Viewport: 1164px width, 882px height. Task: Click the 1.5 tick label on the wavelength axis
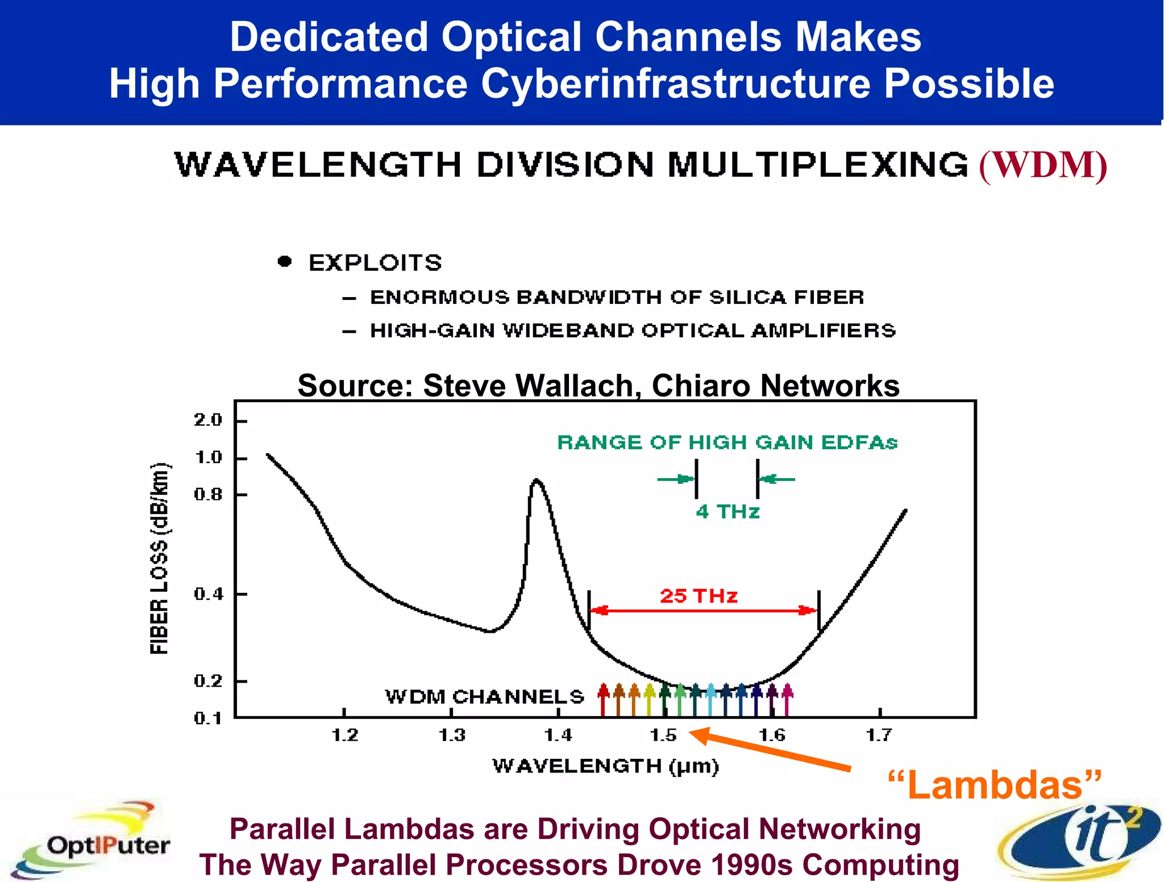click(663, 735)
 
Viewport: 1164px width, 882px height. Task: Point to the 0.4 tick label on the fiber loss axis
click(209, 594)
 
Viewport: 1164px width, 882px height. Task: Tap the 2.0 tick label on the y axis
click(208, 420)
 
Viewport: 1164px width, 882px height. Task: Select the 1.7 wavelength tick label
click(879, 735)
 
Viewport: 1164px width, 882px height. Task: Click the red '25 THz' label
click(699, 596)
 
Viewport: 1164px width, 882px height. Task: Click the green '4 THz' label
click(727, 512)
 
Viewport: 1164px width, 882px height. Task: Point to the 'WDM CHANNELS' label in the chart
click(484, 696)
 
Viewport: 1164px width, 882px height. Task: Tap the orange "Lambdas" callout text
click(995, 785)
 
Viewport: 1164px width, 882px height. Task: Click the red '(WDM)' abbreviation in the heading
click(1043, 165)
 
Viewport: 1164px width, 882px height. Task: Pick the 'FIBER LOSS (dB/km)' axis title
click(160, 559)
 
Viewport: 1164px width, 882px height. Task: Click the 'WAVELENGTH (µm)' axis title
click(605, 766)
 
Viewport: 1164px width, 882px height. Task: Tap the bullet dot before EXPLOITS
click(285, 261)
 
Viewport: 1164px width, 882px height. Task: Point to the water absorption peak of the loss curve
click(537, 482)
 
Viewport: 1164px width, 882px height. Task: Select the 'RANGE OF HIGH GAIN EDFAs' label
click(727, 442)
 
